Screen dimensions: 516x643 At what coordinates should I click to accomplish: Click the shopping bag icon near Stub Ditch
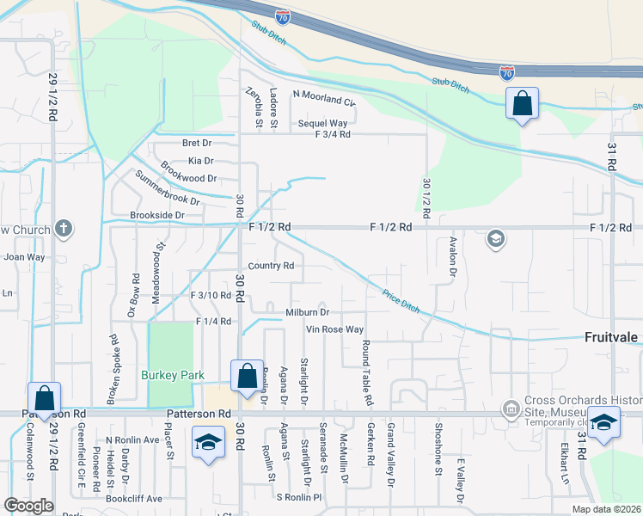522,105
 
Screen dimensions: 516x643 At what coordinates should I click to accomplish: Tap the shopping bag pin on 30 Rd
247,377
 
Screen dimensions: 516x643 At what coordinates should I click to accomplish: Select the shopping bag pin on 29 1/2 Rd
44,399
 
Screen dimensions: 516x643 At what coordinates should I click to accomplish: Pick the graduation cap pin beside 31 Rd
603,425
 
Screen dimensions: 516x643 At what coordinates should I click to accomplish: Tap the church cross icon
62,229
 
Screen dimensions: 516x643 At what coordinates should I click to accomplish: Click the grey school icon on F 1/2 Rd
495,238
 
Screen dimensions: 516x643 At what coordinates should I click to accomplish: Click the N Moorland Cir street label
324,99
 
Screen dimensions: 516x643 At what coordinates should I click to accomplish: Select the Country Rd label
271,266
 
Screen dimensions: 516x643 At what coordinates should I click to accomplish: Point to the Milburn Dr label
308,312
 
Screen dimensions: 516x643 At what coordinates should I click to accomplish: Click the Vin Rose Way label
335,329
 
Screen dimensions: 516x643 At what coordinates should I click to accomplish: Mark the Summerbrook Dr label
167,188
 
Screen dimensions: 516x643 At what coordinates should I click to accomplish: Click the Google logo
28,506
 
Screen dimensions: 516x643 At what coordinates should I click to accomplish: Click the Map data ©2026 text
606,509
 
